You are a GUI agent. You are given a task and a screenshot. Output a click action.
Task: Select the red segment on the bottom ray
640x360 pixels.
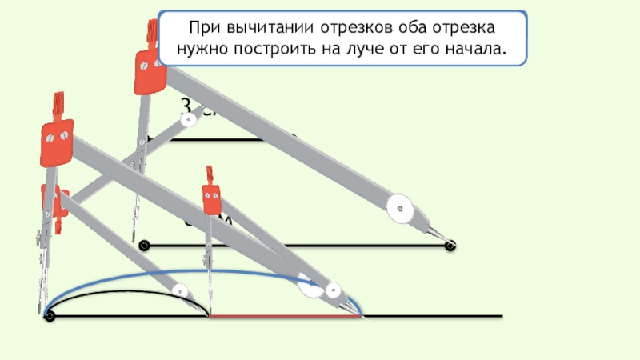(284, 317)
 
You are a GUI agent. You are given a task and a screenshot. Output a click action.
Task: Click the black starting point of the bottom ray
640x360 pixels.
(50, 317)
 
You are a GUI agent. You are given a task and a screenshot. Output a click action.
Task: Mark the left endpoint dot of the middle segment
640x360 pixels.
(144, 246)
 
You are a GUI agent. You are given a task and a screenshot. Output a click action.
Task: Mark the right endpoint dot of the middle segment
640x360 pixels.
(450, 246)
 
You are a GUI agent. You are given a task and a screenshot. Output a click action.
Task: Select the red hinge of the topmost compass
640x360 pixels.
(150, 67)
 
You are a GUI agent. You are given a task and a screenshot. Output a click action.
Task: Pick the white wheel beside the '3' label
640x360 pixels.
(189, 121)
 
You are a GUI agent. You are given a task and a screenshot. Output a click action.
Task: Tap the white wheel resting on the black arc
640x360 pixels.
(181, 291)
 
